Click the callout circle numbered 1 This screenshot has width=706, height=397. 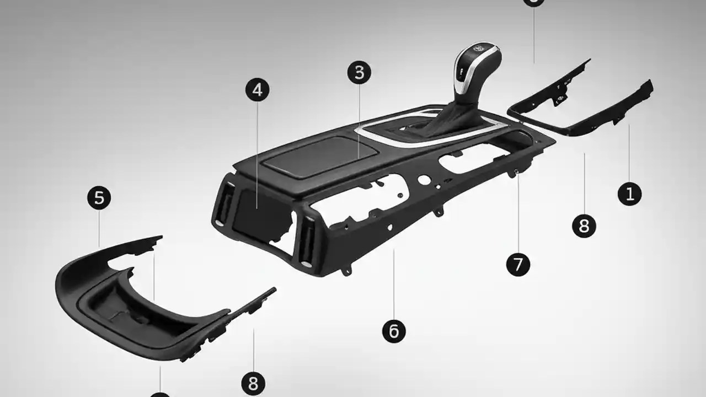click(x=629, y=194)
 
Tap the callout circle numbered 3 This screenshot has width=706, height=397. click(x=359, y=72)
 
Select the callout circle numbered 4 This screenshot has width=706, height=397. click(x=257, y=90)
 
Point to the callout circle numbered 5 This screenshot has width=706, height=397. click(x=99, y=198)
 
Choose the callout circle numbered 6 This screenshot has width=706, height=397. click(x=393, y=331)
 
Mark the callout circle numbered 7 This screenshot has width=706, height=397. click(x=518, y=265)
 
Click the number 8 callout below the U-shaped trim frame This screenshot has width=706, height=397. click(x=584, y=226)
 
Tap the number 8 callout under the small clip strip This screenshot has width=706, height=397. click(x=253, y=383)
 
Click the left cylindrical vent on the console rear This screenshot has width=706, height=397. click(x=222, y=204)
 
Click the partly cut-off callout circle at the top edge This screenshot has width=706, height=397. click(x=533, y=2)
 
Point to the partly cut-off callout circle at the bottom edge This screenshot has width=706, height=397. click(x=159, y=394)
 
